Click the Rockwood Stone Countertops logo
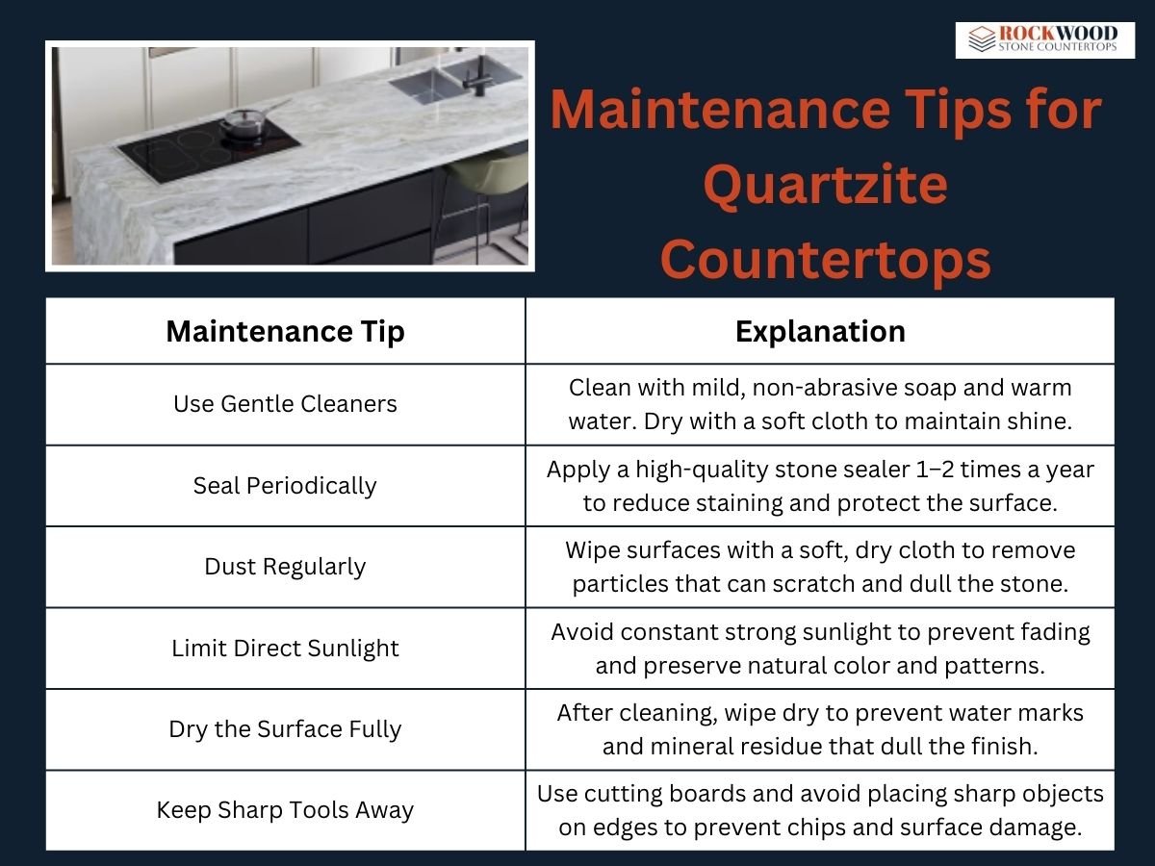(1044, 40)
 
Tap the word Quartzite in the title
(826, 185)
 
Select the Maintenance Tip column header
(285, 331)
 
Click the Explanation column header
(820, 331)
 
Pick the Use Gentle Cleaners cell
(285, 404)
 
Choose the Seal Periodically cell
(285, 485)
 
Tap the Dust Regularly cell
(285, 567)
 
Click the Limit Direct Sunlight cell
(285, 648)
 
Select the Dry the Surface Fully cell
(285, 729)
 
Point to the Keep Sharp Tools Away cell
(285, 810)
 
